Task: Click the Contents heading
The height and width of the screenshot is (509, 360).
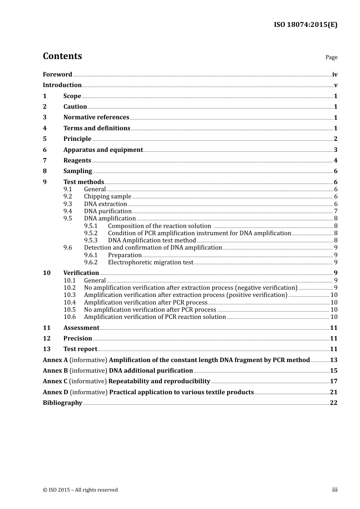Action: click(62, 56)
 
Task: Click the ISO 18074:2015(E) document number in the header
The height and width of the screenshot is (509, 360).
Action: click(305, 25)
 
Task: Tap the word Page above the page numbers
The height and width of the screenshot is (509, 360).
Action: click(331, 57)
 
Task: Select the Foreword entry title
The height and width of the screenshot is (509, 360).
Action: click(57, 75)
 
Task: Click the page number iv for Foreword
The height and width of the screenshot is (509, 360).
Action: click(335, 75)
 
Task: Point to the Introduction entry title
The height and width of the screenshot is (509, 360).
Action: click(62, 85)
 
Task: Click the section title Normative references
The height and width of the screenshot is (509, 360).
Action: click(96, 117)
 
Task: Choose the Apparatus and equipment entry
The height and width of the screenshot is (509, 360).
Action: click(103, 150)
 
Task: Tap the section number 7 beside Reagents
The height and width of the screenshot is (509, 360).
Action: click(45, 161)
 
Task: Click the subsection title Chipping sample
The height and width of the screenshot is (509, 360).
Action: click(108, 197)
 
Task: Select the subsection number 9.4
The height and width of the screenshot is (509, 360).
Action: click(68, 211)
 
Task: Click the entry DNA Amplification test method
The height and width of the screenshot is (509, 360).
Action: click(152, 240)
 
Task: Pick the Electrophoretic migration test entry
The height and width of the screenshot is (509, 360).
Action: click(150, 262)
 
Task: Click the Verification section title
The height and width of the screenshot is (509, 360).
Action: click(81, 273)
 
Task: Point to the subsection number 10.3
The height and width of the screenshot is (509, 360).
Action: click(70, 295)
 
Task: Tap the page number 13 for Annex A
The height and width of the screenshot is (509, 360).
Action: click(333, 360)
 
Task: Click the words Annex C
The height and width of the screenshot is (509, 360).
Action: click(55, 381)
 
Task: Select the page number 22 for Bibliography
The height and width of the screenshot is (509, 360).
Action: click(333, 403)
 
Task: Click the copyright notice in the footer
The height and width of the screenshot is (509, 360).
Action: click(80, 490)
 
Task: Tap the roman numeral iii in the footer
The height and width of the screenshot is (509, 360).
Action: click(335, 490)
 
